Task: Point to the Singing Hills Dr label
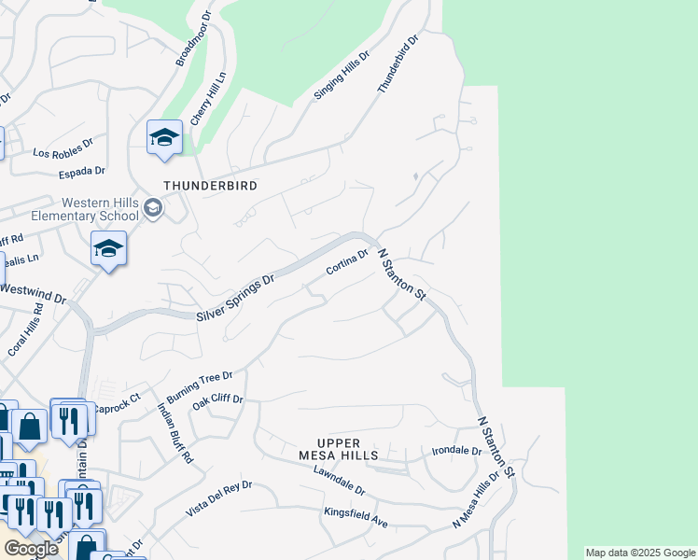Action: pos(337,76)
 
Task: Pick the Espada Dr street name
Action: pos(82,172)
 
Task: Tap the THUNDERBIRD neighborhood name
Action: pos(210,186)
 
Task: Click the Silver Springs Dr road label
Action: pos(235,299)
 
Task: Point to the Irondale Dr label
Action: pos(456,451)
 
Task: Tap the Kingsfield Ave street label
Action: pos(356,517)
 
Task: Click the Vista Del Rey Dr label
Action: pos(219,498)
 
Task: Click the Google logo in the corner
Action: pos(31,548)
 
